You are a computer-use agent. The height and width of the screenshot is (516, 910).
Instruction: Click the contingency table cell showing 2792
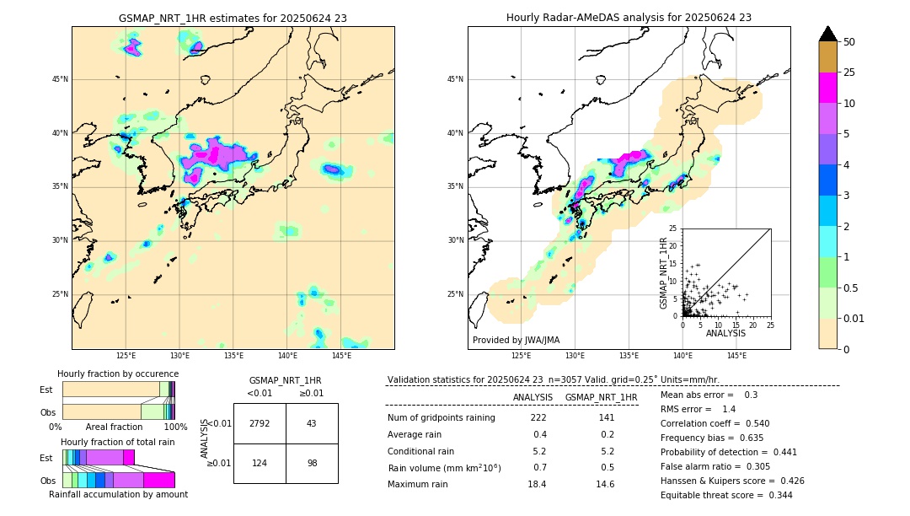260,423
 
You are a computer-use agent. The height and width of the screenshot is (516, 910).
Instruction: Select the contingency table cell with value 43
312,423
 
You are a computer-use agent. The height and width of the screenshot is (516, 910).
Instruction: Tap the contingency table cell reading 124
260,464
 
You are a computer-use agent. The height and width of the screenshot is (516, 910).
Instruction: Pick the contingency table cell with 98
312,464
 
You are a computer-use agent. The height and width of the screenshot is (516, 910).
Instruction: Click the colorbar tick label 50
849,42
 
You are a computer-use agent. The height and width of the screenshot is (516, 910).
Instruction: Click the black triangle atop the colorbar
828,34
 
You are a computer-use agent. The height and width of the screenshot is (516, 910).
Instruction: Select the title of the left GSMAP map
233,18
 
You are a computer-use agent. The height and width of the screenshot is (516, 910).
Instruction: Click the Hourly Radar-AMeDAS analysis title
629,18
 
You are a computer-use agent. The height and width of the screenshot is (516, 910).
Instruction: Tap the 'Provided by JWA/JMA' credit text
516,341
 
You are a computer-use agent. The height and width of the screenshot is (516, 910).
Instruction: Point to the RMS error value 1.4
729,409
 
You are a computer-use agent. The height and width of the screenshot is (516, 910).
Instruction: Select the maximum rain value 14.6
606,484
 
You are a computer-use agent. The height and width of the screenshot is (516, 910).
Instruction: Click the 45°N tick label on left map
60,79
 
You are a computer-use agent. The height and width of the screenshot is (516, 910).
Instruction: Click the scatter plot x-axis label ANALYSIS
725,333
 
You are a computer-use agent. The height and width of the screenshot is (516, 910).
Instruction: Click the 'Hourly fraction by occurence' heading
118,374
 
